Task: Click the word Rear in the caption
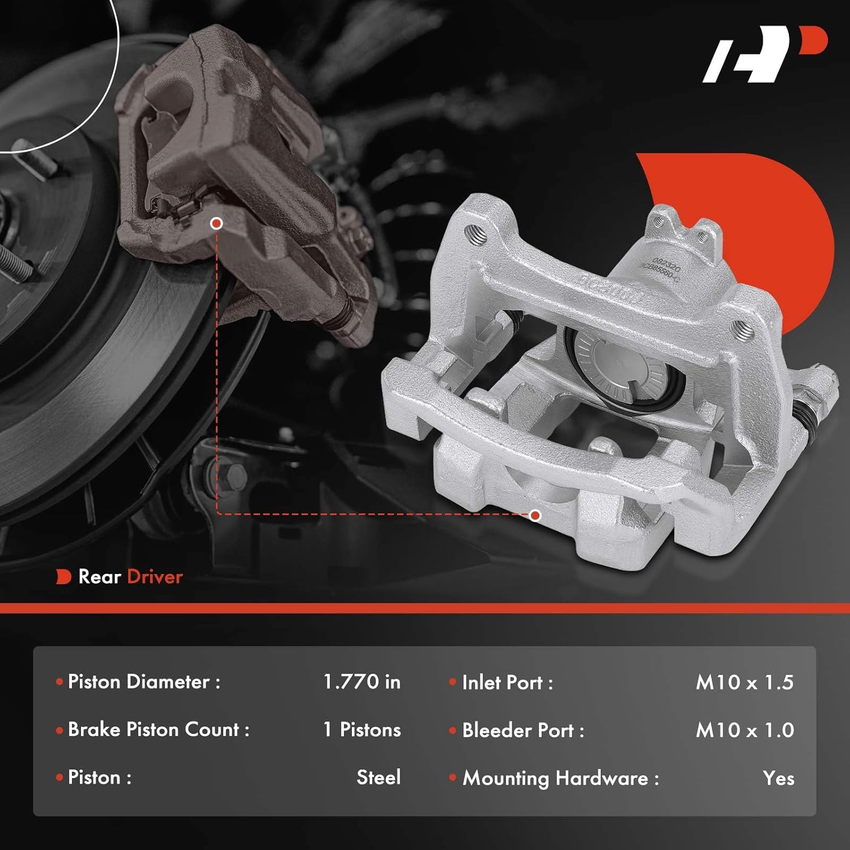(x=100, y=577)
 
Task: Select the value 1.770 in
(x=362, y=682)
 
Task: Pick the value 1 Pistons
(x=362, y=730)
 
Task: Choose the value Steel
(x=379, y=777)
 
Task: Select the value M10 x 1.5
(x=745, y=683)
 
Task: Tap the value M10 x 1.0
(x=745, y=730)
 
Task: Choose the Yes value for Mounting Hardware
(x=778, y=779)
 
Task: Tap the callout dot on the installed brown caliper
(x=216, y=223)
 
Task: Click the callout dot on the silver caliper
(x=535, y=515)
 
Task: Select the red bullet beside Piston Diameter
(x=59, y=682)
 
